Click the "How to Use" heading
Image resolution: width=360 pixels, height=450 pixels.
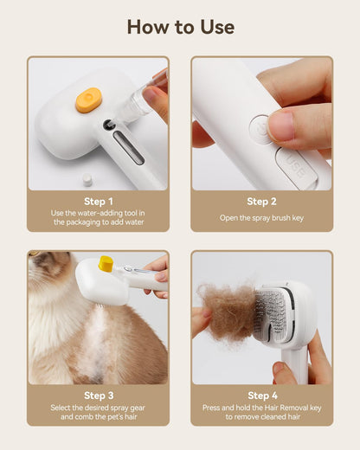(180, 27)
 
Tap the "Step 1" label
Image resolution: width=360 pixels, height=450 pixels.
(98, 202)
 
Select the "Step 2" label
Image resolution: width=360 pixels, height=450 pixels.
(261, 202)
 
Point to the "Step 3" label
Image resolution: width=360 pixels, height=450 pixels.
(98, 395)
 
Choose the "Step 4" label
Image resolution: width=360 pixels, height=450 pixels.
(261, 395)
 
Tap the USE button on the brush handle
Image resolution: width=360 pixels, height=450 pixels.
(295, 168)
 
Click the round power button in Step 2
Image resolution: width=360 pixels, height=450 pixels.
(260, 130)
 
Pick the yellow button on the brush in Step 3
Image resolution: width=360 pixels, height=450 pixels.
(106, 261)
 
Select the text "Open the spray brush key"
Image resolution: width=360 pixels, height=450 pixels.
(261, 217)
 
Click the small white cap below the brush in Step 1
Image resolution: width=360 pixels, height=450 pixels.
(87, 179)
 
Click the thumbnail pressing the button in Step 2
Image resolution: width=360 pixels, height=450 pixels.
(281, 125)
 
